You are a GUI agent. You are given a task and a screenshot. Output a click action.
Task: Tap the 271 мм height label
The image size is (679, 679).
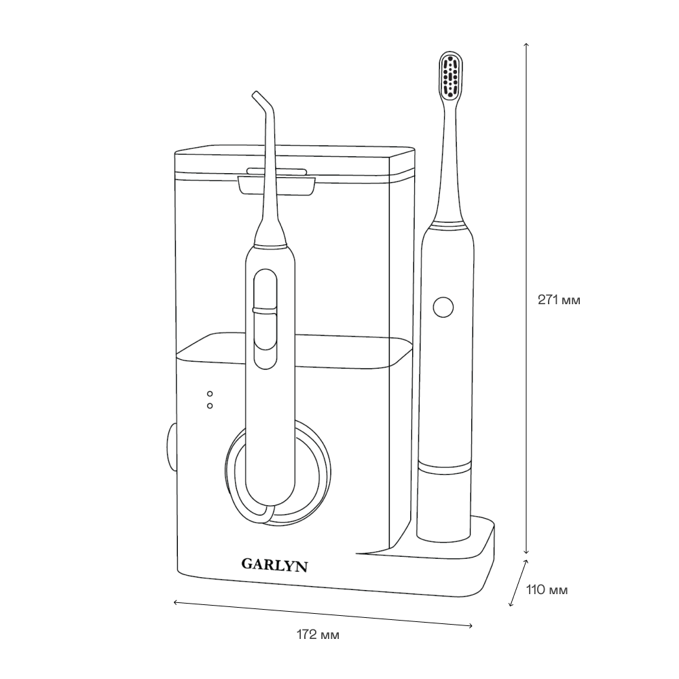coord(559,299)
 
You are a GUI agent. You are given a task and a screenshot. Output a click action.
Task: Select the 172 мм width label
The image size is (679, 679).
coord(318,635)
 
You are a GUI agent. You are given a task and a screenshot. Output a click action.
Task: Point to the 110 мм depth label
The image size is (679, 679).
coord(547,590)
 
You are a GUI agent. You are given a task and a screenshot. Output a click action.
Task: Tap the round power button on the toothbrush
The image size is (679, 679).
coord(443,307)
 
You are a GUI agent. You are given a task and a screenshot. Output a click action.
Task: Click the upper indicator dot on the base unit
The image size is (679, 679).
coord(210,394)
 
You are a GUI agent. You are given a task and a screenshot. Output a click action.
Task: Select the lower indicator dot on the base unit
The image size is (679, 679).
coord(210,405)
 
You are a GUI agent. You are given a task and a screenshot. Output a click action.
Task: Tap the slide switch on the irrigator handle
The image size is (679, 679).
coord(264,311)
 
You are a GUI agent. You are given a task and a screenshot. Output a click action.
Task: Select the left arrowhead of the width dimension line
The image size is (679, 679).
coord(176,602)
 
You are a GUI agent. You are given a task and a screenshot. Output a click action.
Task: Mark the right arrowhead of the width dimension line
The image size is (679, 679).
coord(471,625)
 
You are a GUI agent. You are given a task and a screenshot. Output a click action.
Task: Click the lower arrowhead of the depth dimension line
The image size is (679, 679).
coord(512,604)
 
